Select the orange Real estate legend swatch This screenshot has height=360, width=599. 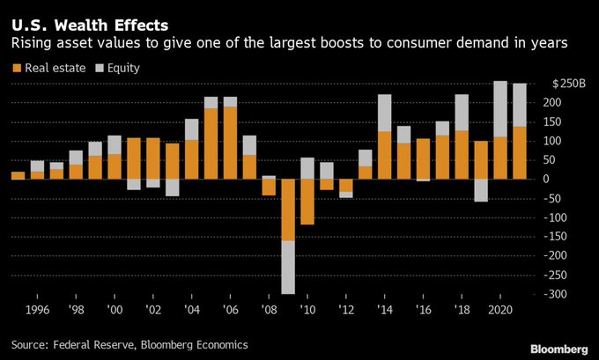(x=16, y=66)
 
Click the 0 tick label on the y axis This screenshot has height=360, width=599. (x=570, y=179)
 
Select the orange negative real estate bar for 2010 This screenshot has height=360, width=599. (x=307, y=202)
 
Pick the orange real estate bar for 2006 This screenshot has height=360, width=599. (x=230, y=143)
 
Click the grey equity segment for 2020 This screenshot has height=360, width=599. (x=500, y=109)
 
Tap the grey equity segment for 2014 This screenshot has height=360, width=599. (x=384, y=113)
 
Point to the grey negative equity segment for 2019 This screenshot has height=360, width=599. (x=481, y=190)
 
